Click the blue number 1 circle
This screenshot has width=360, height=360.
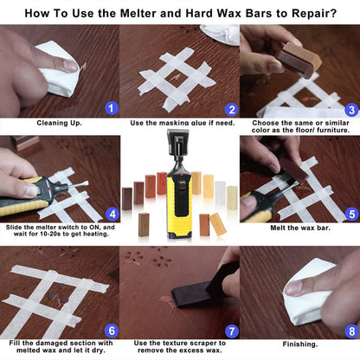pyautogui.click(x=109, y=108)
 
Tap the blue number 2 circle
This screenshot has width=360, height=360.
pyautogui.click(x=230, y=109)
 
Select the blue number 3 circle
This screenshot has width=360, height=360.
pyautogui.click(x=350, y=110)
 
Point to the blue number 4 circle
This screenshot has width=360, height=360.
pyautogui.click(x=112, y=213)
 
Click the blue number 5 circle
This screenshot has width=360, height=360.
pyautogui.click(x=350, y=213)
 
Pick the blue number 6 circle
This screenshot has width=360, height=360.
pyautogui.click(x=110, y=330)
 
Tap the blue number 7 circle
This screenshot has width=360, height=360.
pyautogui.click(x=230, y=331)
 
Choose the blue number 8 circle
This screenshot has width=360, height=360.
pyautogui.click(x=351, y=330)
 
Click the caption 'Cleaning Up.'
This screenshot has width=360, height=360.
pyautogui.click(x=59, y=123)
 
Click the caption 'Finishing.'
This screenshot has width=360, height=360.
pyautogui.click(x=299, y=343)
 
